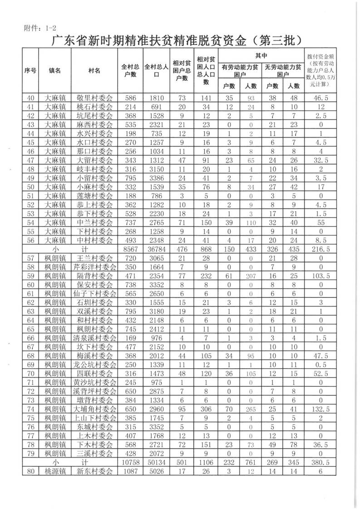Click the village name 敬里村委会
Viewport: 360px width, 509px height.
click(94, 98)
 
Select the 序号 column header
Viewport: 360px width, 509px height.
click(30, 71)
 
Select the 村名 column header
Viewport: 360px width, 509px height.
click(94, 71)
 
